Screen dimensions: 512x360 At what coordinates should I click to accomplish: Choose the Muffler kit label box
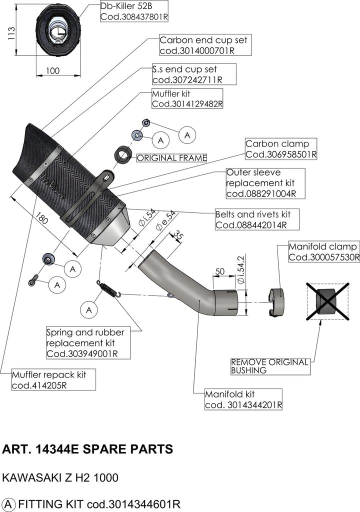[187, 99]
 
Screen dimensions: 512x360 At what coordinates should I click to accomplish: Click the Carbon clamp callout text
[280, 149]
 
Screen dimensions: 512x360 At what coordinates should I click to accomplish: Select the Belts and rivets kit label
[256, 219]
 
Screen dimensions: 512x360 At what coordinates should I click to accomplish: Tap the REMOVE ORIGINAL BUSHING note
[270, 366]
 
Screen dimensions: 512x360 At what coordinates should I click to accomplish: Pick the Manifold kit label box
[243, 399]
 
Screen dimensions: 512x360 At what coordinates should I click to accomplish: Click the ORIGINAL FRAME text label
[171, 158]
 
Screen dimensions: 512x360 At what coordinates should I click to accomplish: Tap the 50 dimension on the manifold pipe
[219, 271]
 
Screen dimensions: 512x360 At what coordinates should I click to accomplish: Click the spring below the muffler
[109, 289]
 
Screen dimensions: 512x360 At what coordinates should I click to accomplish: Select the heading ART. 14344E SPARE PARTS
[88, 448]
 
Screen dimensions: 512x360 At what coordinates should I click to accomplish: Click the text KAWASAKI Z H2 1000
[60, 477]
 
